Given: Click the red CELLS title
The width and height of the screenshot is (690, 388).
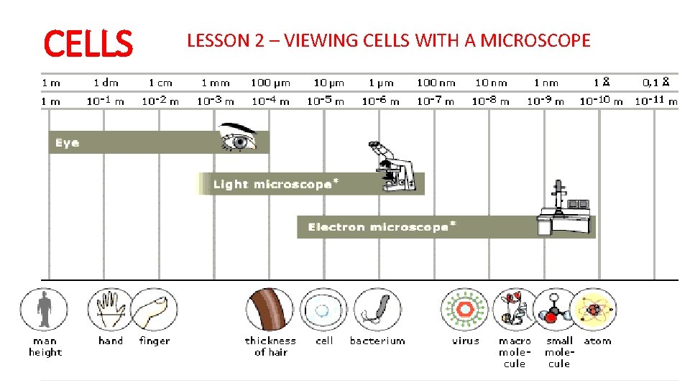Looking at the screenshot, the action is click(88, 43).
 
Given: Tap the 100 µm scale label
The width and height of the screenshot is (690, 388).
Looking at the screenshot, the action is click(270, 83).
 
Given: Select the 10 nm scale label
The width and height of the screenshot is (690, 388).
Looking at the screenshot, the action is click(491, 83).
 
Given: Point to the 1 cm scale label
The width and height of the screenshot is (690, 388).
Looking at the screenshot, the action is click(160, 83).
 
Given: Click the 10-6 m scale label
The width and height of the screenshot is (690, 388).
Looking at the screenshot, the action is click(380, 101).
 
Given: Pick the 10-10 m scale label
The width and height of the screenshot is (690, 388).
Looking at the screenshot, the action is click(601, 101).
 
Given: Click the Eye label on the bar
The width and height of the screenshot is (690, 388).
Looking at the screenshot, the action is click(67, 143).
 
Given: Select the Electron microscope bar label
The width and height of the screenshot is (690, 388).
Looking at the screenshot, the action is click(382, 227).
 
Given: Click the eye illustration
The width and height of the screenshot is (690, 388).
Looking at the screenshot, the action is click(240, 138).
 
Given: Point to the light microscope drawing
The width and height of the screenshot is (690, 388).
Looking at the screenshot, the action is click(391, 167).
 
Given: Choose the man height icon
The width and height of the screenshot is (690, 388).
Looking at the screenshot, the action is click(45, 308).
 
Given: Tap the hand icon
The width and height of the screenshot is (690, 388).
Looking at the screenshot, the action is click(109, 310).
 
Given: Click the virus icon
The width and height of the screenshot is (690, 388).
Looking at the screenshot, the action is click(464, 310).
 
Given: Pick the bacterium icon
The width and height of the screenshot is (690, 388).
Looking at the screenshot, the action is click(377, 310).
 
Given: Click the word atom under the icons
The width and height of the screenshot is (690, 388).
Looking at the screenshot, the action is click(597, 341).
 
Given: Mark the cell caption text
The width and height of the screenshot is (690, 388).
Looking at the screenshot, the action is click(324, 341).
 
